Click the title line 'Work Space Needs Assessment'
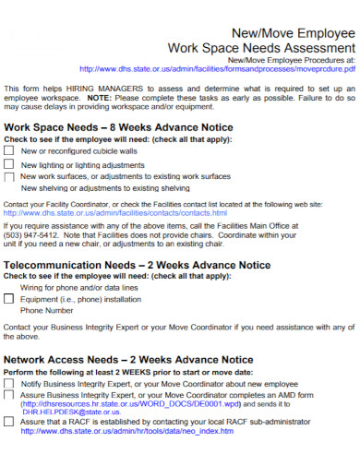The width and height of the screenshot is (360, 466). pos(260,47)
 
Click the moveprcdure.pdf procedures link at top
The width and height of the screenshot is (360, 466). pos(218,68)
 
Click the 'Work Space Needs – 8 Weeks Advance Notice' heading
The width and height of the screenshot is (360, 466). pos(112,127)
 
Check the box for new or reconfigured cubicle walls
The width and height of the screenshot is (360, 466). pos(9,150)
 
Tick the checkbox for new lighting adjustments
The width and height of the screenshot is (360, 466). pos(9,163)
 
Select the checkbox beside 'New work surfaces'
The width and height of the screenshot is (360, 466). pos(9,175)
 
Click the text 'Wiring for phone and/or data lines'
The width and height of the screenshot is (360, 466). pos(86,287)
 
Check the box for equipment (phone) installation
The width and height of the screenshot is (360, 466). pos(9,299)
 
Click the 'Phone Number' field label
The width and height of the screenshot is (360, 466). pos(46,310)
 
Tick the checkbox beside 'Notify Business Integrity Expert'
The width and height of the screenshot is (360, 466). pos(9,383)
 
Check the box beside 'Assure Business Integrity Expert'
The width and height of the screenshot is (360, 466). pos(9,394)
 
